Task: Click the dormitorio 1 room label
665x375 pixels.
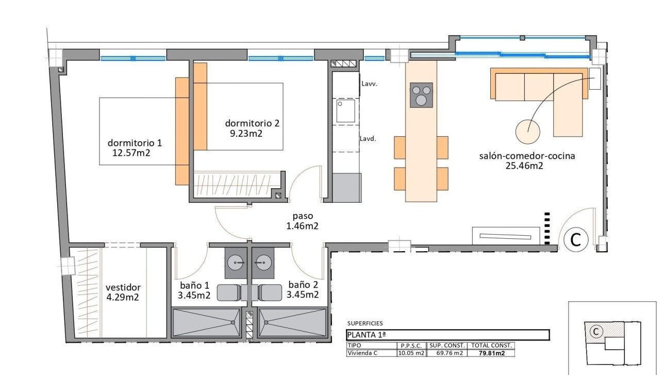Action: (134, 143)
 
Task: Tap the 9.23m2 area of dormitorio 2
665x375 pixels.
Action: (247, 133)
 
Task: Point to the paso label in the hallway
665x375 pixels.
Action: (302, 216)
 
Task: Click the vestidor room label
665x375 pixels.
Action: (123, 287)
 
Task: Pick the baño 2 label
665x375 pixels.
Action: (303, 285)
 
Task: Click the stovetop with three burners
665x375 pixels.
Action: (421, 95)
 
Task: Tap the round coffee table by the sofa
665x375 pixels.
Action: (528, 131)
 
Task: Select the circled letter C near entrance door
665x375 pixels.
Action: (575, 239)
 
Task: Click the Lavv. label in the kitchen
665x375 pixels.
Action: (370, 83)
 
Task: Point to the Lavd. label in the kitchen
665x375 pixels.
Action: (368, 138)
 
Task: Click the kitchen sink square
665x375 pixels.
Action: (345, 111)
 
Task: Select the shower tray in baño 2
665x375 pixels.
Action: (292, 323)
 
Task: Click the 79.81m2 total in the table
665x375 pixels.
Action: (491, 353)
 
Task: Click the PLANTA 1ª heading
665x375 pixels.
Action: (363, 335)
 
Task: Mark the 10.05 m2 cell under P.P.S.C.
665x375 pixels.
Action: (411, 353)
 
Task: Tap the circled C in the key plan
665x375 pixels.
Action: (596, 332)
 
